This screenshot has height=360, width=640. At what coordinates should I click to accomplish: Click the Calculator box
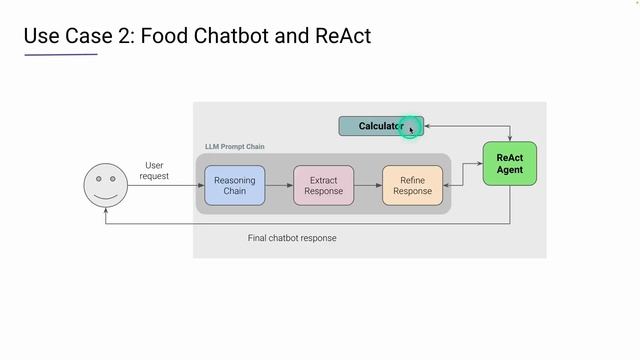[x=380, y=126]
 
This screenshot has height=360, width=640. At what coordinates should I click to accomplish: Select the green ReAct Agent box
[x=510, y=163]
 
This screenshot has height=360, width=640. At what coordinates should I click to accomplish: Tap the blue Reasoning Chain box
[x=235, y=185]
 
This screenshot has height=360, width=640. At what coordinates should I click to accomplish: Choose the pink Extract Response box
[x=323, y=185]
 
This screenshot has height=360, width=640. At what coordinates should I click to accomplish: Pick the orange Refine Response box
[x=412, y=185]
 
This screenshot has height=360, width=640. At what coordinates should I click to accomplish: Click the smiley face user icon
[x=106, y=185]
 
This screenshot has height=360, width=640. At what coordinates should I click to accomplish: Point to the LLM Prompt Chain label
[x=234, y=147]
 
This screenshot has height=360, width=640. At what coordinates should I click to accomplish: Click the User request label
[x=154, y=170]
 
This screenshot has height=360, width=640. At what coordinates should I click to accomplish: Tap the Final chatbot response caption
[x=292, y=238]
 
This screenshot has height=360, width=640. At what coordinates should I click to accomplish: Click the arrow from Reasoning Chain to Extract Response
[x=279, y=185]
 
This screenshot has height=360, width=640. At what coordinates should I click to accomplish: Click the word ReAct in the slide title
[x=341, y=37]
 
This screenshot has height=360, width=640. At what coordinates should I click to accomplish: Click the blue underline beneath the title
[x=60, y=55]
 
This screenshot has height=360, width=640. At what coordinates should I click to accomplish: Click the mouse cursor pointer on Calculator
[x=411, y=128]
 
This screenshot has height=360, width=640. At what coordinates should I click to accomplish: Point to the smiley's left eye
[x=99, y=179]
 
